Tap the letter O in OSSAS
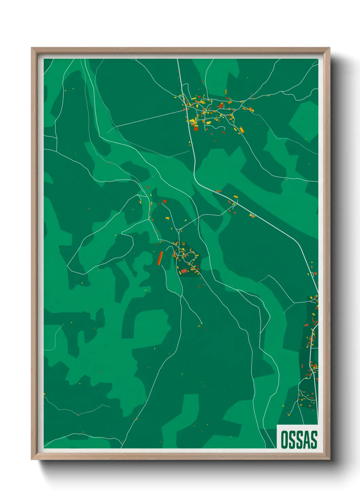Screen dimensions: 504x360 [x=284, y=440]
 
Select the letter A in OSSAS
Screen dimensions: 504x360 [x=306, y=440]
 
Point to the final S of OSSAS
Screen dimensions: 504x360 [x=313, y=440]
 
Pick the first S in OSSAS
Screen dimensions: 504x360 [x=292, y=440]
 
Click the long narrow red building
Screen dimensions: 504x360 [x=160, y=258]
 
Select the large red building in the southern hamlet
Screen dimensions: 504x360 [x=184, y=271]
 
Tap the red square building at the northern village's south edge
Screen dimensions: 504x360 [x=196, y=128]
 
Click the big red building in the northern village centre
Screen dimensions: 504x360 [x=212, y=106]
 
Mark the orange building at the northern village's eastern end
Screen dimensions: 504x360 [x=251, y=109]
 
